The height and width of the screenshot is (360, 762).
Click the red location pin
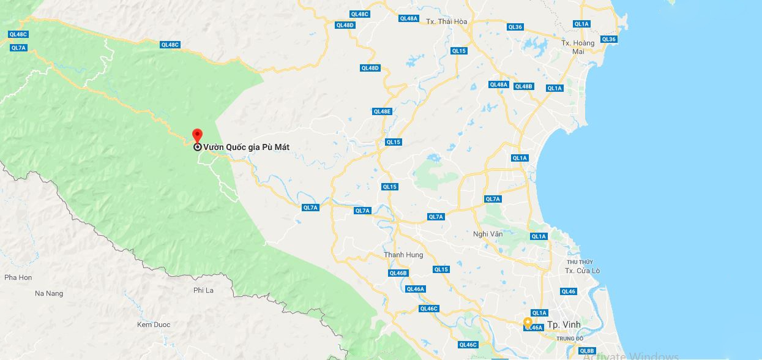pyautogui.click(x=197, y=135)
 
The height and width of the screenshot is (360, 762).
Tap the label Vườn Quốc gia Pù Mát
pyautogui.click(x=246, y=147)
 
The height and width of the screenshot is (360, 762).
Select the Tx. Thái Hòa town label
pyautogui.click(x=446, y=21)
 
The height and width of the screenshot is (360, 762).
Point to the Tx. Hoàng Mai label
pyautogui.click(x=578, y=47)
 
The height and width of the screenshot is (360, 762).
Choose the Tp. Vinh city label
pyautogui.click(x=559, y=324)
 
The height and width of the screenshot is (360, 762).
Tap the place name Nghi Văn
pyautogui.click(x=488, y=233)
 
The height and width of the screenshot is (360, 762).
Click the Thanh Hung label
pyautogui.click(x=403, y=255)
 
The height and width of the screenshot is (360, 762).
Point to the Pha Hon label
pyautogui.click(x=18, y=277)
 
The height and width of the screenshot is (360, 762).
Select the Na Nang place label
pyautogui.click(x=49, y=293)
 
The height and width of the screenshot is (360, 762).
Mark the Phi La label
pyautogui.click(x=203, y=290)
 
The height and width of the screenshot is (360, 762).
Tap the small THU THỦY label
pyautogui.click(x=580, y=262)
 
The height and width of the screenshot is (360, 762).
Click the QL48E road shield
pyautogui.click(x=382, y=111)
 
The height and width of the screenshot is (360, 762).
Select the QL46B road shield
pyautogui.click(x=398, y=273)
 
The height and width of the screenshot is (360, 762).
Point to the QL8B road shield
pyautogui.click(x=587, y=351)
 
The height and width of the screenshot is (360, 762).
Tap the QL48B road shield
pyautogui.click(x=523, y=86)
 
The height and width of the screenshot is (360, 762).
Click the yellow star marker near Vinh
pyautogui.click(x=528, y=321)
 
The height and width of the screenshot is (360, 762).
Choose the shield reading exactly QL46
pyautogui.click(x=568, y=291)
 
